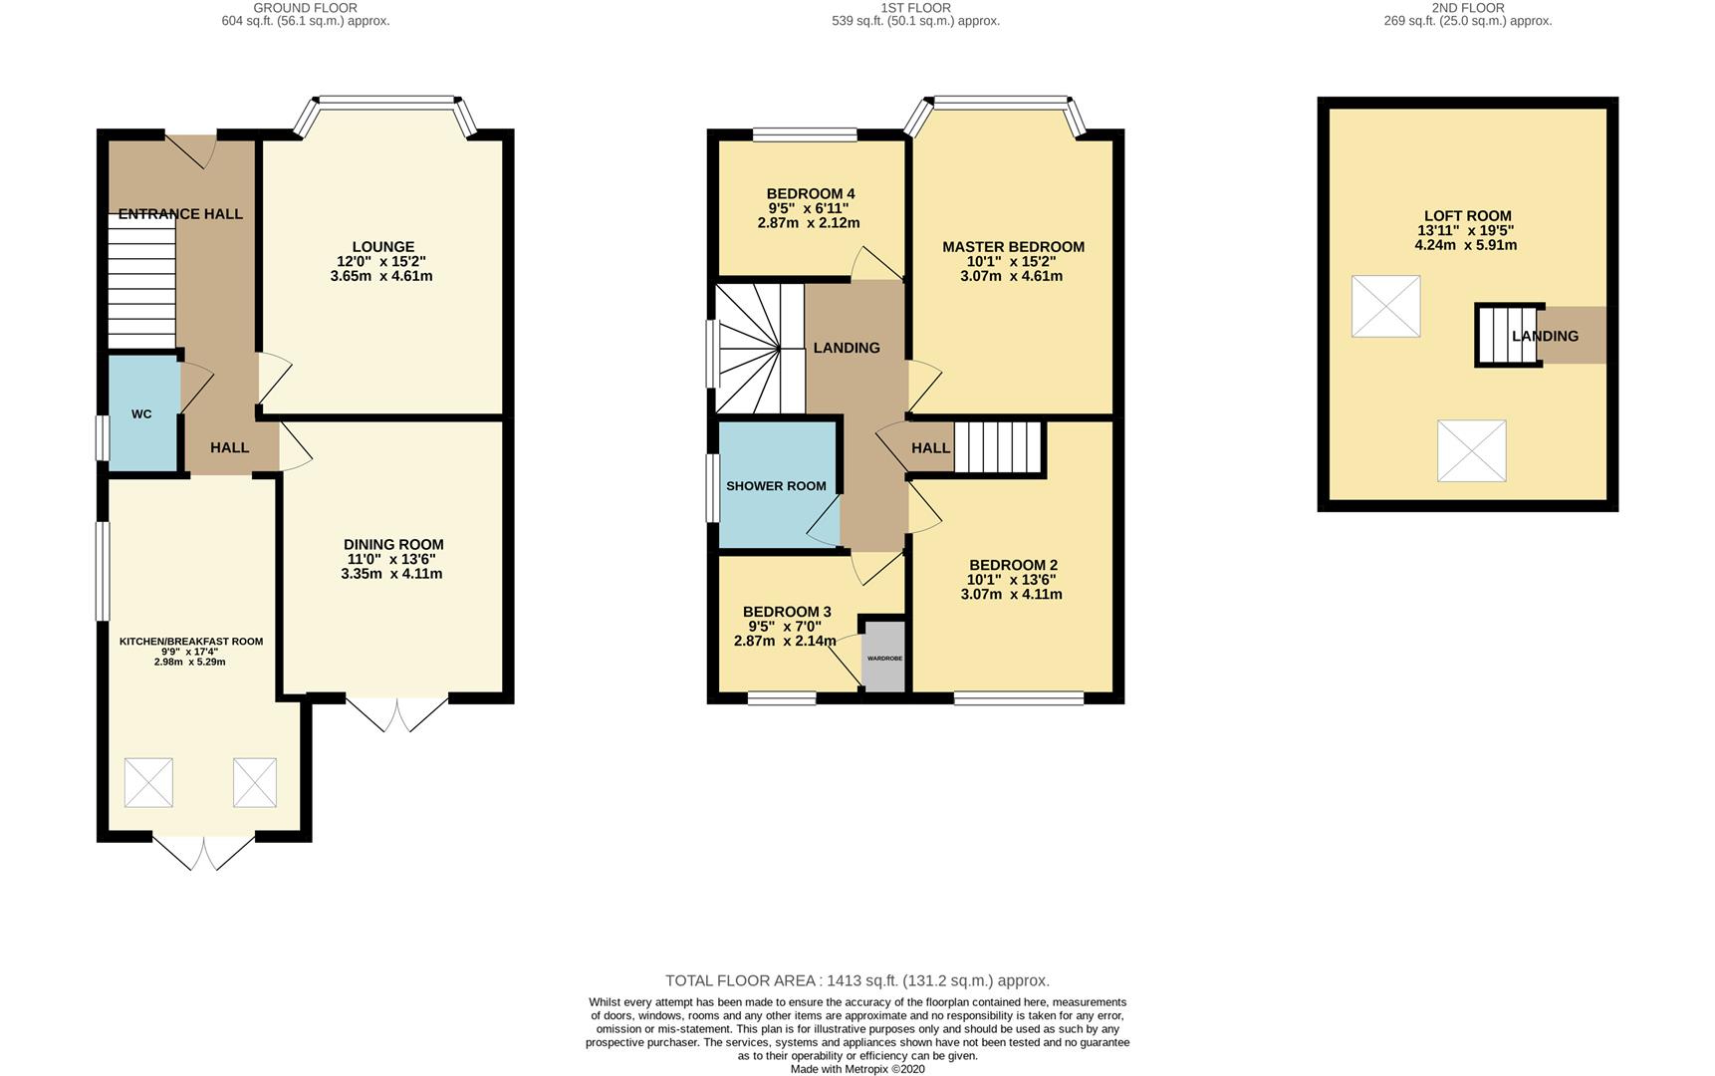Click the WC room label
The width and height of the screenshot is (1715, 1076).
click(x=141, y=413)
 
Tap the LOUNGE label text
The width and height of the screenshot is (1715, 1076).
click(x=382, y=247)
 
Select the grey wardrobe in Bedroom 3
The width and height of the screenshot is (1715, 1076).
click(x=884, y=657)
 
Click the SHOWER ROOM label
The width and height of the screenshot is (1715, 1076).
click(x=776, y=486)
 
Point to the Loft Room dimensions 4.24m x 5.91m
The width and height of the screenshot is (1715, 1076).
click(x=1466, y=245)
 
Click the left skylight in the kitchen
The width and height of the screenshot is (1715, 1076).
click(x=148, y=782)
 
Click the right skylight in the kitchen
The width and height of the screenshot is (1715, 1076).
click(x=255, y=782)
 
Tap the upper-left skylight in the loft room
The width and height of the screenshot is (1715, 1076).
click(x=1385, y=306)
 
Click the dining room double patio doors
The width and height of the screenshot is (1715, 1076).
click(x=397, y=714)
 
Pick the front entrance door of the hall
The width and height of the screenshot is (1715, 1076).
click(x=191, y=149)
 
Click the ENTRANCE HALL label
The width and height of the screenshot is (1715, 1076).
click(x=180, y=214)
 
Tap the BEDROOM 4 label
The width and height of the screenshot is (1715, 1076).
click(x=811, y=194)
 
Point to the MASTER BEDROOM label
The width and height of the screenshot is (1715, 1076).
click(x=1013, y=247)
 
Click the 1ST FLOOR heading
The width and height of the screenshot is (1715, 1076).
click(x=915, y=7)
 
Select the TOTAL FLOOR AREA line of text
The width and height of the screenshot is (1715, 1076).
click(x=857, y=980)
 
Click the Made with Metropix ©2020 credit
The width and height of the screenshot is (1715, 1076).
click(x=857, y=1069)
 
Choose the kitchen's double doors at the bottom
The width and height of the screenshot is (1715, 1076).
click(x=204, y=853)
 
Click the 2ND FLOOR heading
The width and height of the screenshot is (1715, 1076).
click(x=1468, y=7)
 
